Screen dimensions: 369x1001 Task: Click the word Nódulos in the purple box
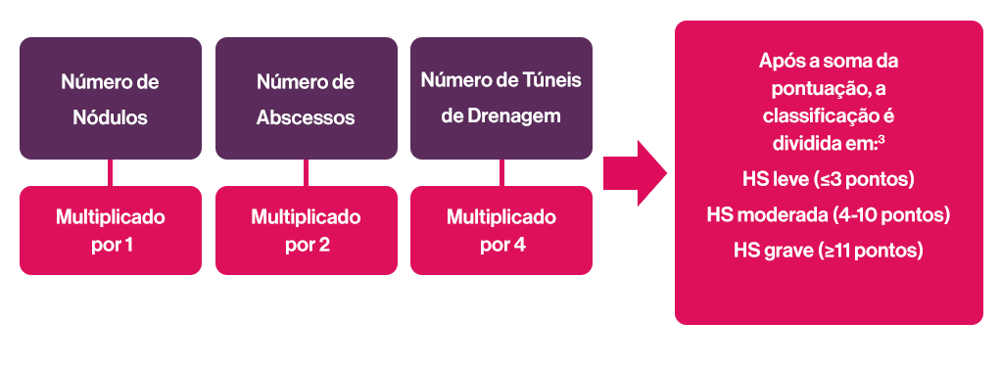(x=110, y=117)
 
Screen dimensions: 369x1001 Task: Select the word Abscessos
(x=306, y=117)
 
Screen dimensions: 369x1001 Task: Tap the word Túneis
(x=551, y=80)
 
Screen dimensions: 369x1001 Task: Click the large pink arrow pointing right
(x=635, y=173)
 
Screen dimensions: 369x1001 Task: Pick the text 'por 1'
(x=110, y=245)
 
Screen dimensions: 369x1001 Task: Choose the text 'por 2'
(x=306, y=245)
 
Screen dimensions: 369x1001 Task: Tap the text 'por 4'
(x=501, y=245)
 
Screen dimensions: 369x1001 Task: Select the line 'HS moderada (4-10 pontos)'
(x=829, y=214)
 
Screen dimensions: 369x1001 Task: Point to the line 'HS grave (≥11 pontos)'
(x=829, y=250)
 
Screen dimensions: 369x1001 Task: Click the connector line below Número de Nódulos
(x=110, y=173)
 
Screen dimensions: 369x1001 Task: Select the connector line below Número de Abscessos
(x=306, y=173)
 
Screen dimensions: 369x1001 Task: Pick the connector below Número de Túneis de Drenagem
(x=501, y=173)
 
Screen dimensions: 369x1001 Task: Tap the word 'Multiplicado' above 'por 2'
(x=306, y=216)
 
